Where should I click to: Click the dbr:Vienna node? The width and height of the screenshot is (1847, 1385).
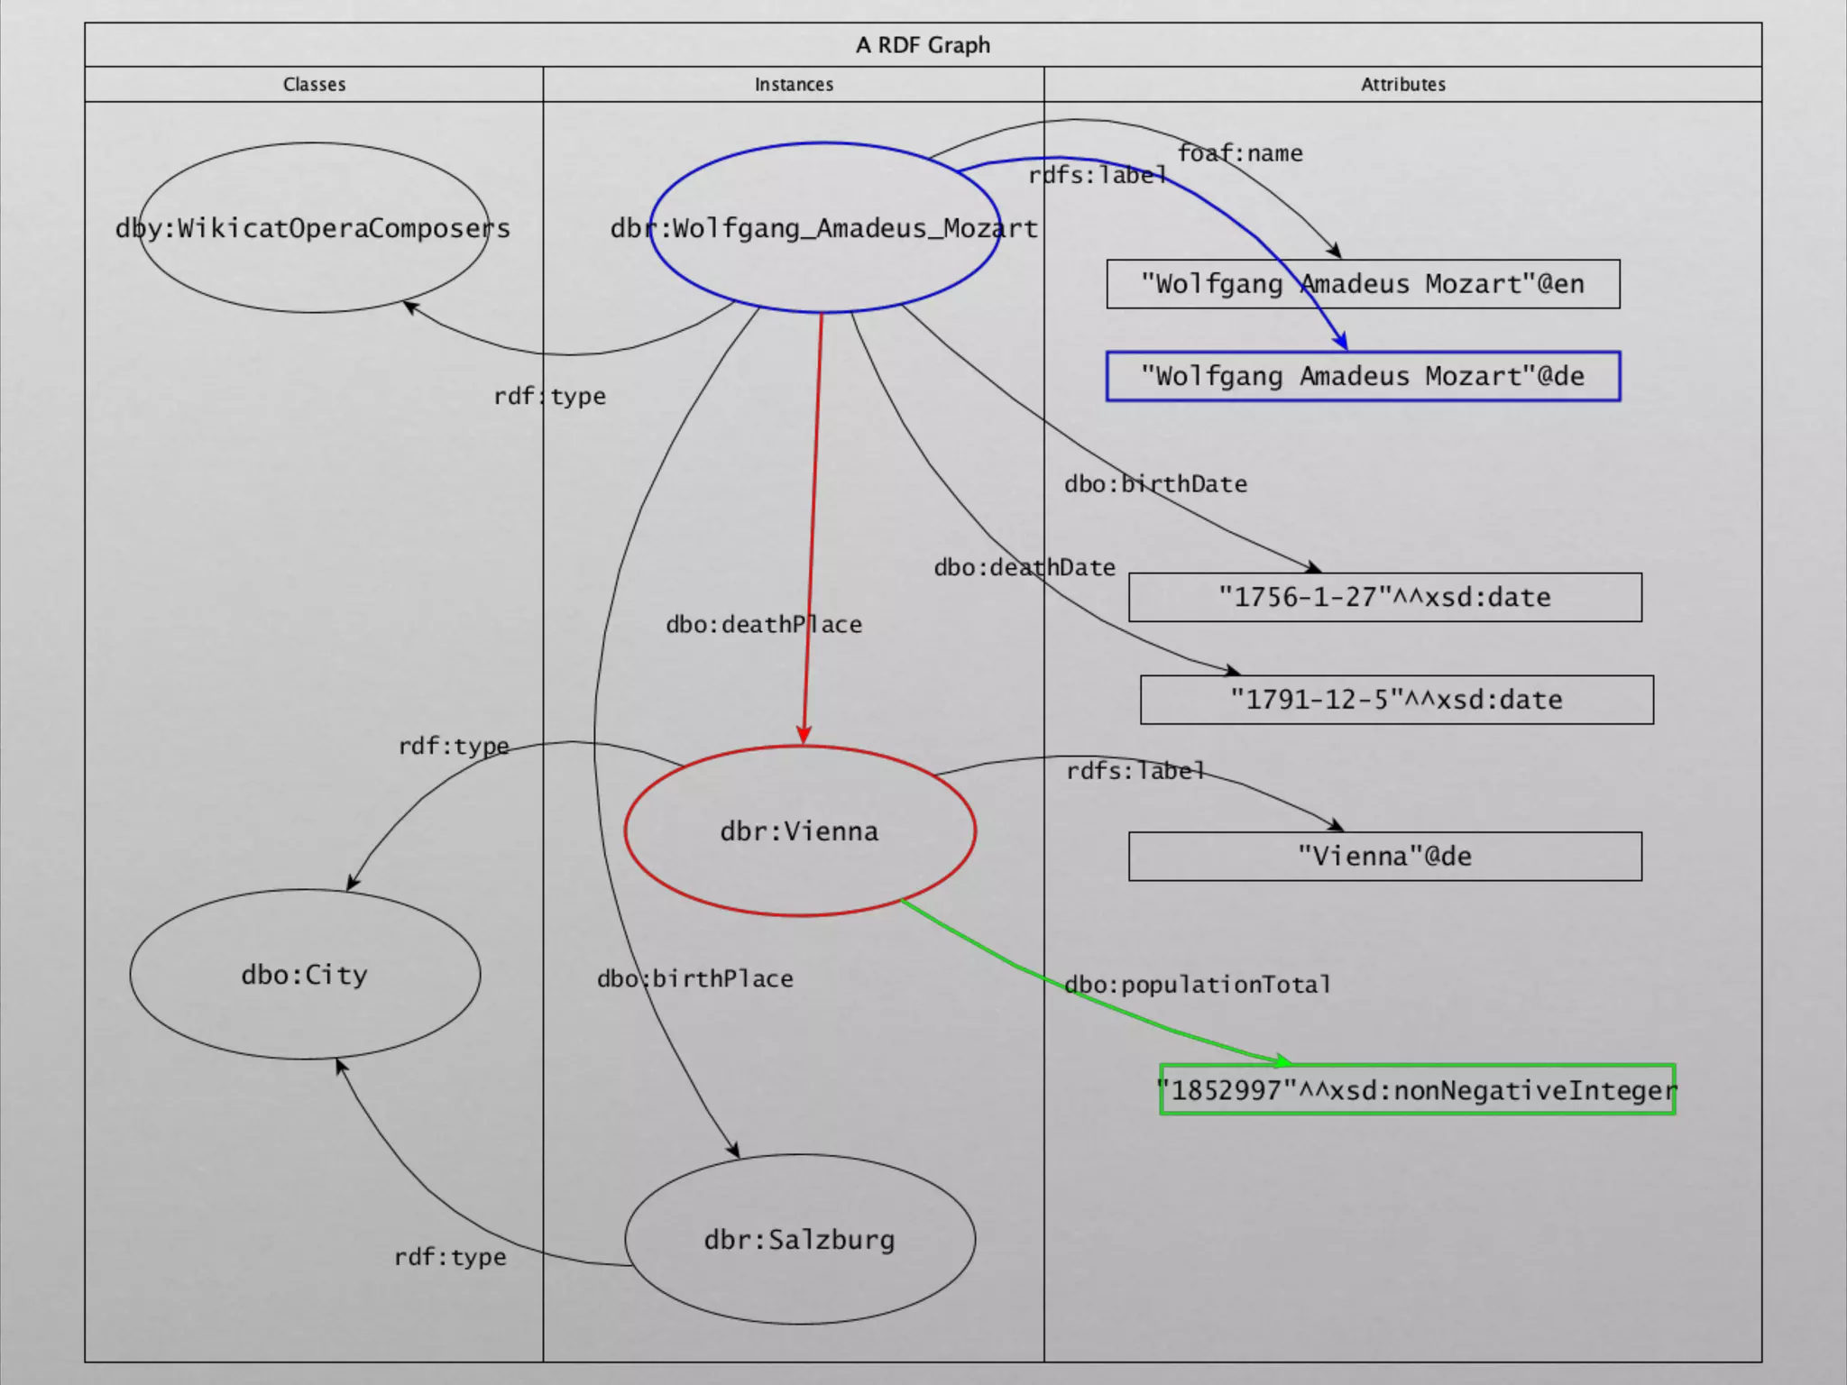pyautogui.click(x=799, y=830)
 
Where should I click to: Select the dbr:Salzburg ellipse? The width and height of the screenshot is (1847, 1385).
pyautogui.click(x=799, y=1240)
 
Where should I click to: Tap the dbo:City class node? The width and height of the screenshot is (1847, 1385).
pyautogui.click(x=305, y=975)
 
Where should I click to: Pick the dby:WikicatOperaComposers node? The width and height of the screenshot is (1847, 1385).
pyautogui.click(x=313, y=228)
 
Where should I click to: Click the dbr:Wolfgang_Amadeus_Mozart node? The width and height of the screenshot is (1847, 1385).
pyautogui.click(x=823, y=228)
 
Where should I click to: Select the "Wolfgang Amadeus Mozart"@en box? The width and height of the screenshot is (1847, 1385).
pyautogui.click(x=1363, y=284)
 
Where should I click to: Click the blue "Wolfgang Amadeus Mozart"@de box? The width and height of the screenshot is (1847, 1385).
pyautogui.click(x=1363, y=376)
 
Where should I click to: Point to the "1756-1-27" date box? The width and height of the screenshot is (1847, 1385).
pyautogui.click(x=1384, y=597)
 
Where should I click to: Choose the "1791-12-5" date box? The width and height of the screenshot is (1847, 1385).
pyautogui.click(x=1396, y=700)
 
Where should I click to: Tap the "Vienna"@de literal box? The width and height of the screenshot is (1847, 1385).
pyautogui.click(x=1384, y=856)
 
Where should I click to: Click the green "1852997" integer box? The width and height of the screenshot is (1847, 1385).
pyautogui.click(x=1417, y=1090)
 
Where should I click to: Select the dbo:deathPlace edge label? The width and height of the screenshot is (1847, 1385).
pyautogui.click(x=764, y=624)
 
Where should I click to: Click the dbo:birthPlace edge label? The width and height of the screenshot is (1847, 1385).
pyautogui.click(x=695, y=978)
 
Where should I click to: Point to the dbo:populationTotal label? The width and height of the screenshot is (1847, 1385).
pyautogui.click(x=1197, y=984)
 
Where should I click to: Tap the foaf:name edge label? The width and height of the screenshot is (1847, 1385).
pyautogui.click(x=1240, y=153)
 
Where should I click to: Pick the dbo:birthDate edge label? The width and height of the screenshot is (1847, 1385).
pyautogui.click(x=1155, y=484)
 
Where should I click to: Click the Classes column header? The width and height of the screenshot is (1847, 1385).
pyautogui.click(x=314, y=84)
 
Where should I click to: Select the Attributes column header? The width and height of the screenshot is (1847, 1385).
pyautogui.click(x=1402, y=84)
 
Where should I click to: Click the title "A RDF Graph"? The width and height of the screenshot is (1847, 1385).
pyautogui.click(x=923, y=45)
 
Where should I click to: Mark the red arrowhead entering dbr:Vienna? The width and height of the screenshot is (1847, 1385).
pyautogui.click(x=804, y=734)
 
